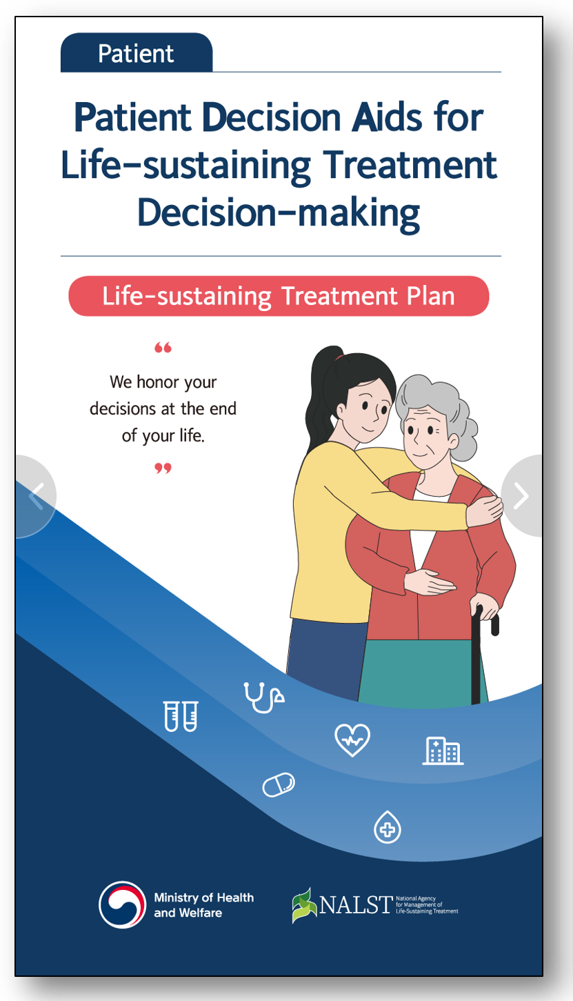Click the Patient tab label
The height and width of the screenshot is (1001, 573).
tap(136, 54)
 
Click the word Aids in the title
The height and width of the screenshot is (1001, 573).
tap(387, 117)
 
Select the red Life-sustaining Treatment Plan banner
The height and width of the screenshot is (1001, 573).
tap(279, 296)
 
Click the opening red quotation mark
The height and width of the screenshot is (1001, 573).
tap(163, 347)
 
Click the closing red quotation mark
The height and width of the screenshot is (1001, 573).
tap(163, 468)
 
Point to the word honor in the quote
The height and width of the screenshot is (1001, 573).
tap(158, 382)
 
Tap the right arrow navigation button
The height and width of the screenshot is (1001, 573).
tap(521, 495)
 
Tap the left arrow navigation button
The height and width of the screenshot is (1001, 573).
tap(36, 496)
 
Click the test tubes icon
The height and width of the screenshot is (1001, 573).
tap(181, 716)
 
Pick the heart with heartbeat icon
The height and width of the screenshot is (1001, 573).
tap(352, 740)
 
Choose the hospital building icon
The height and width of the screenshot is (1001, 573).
tap(443, 751)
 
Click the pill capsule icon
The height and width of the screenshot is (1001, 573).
tap(279, 784)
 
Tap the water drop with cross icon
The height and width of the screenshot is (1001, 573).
tap(388, 827)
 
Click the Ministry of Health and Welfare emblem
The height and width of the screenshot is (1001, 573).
tap(122, 904)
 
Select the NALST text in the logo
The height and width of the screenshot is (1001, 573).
tap(356, 904)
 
